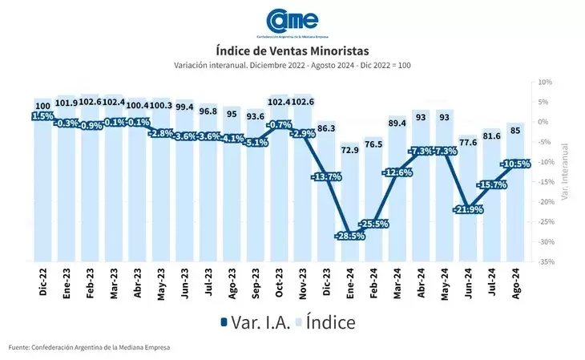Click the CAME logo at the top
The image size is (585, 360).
coord(292,22)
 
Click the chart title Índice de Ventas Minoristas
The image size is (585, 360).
coord(292,51)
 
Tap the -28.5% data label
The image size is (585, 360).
coord(349,236)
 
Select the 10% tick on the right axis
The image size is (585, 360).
coord(545,83)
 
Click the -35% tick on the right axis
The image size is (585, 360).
coord(545,261)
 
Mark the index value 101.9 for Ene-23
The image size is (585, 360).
coord(66,103)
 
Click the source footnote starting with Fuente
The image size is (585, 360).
coord(90,347)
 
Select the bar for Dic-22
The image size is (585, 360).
coord(42,188)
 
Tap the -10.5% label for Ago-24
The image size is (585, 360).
coord(515,164)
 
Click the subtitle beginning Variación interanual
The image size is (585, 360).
coord(292,65)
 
